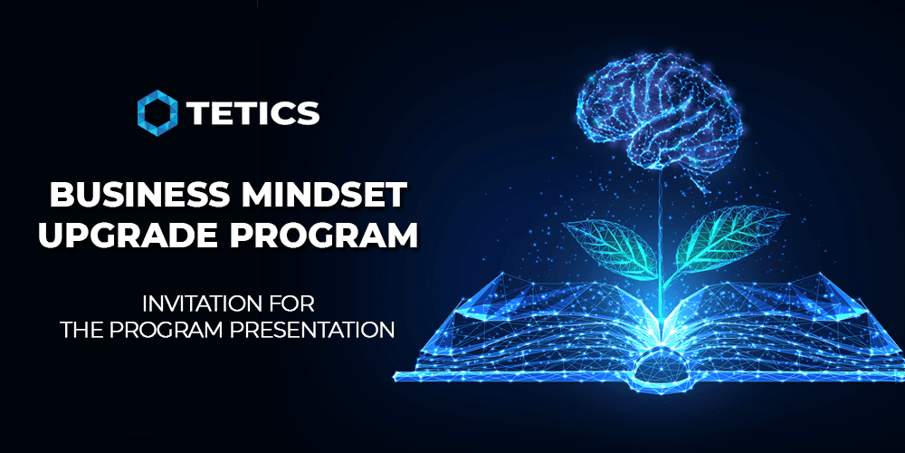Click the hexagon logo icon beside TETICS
[157, 113]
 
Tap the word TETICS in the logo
[252, 113]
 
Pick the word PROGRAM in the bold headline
[316, 235]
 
